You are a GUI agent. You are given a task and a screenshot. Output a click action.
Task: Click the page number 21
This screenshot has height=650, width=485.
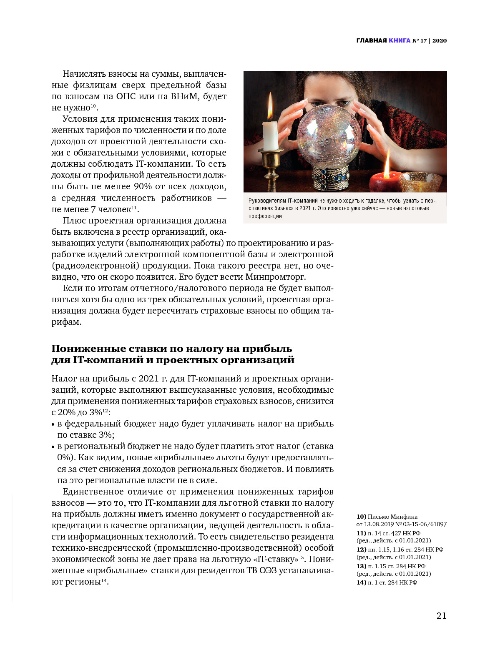point(441,616)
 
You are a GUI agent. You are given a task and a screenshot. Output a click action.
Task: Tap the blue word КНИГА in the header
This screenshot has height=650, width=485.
point(399,40)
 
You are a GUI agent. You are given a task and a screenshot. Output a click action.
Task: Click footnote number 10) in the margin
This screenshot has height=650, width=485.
point(361,517)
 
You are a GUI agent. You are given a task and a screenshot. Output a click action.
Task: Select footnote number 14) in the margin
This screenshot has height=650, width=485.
point(361,582)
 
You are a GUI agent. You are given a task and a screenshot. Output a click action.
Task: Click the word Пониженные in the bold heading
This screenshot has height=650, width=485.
point(88,349)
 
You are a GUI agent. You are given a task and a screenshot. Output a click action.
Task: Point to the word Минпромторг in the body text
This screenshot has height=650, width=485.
point(275,277)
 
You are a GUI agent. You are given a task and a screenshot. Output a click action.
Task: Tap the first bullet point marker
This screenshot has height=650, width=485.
point(53,424)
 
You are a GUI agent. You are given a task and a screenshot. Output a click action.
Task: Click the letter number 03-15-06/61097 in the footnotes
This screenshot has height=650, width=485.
point(425,524)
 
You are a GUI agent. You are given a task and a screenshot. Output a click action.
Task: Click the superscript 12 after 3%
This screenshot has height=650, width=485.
point(105,411)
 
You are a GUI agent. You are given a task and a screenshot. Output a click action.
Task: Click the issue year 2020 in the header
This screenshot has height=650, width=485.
point(440,40)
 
